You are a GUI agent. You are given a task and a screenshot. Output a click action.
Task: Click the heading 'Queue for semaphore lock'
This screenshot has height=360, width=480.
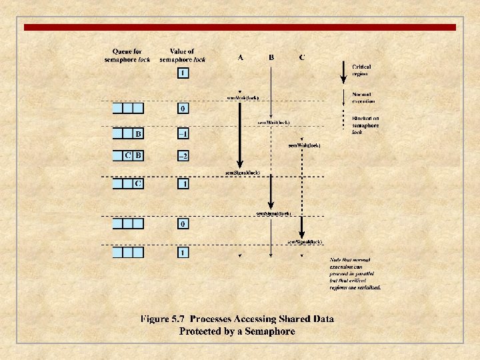click(127, 55)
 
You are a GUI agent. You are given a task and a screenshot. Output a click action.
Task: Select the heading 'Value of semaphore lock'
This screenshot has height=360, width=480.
click(182, 55)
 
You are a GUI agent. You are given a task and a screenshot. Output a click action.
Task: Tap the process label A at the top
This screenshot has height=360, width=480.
click(240, 57)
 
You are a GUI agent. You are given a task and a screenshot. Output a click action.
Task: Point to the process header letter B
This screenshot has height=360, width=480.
click(271, 57)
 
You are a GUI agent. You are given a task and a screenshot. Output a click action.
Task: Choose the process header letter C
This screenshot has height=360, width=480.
click(302, 57)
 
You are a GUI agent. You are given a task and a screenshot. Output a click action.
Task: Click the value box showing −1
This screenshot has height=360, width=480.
click(182, 134)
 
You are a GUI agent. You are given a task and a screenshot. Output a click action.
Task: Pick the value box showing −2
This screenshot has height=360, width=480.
click(182, 156)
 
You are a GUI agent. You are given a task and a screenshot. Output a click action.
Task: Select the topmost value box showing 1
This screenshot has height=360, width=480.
click(182, 73)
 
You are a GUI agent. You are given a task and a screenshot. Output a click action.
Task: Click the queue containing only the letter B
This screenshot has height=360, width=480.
click(128, 134)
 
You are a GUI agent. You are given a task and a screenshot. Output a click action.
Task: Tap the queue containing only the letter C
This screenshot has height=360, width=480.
click(128, 183)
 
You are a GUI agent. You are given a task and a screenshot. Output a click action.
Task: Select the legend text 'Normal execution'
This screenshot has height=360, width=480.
click(363, 97)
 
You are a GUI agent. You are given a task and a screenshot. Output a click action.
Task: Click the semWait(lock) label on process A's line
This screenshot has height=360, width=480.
click(243, 98)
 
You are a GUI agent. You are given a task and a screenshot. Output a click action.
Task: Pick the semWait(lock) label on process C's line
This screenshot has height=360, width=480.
click(304, 145)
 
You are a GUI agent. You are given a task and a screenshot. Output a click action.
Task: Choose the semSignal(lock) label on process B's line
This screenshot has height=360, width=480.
click(273, 213)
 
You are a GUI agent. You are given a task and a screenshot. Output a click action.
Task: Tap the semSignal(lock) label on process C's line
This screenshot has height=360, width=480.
click(305, 241)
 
